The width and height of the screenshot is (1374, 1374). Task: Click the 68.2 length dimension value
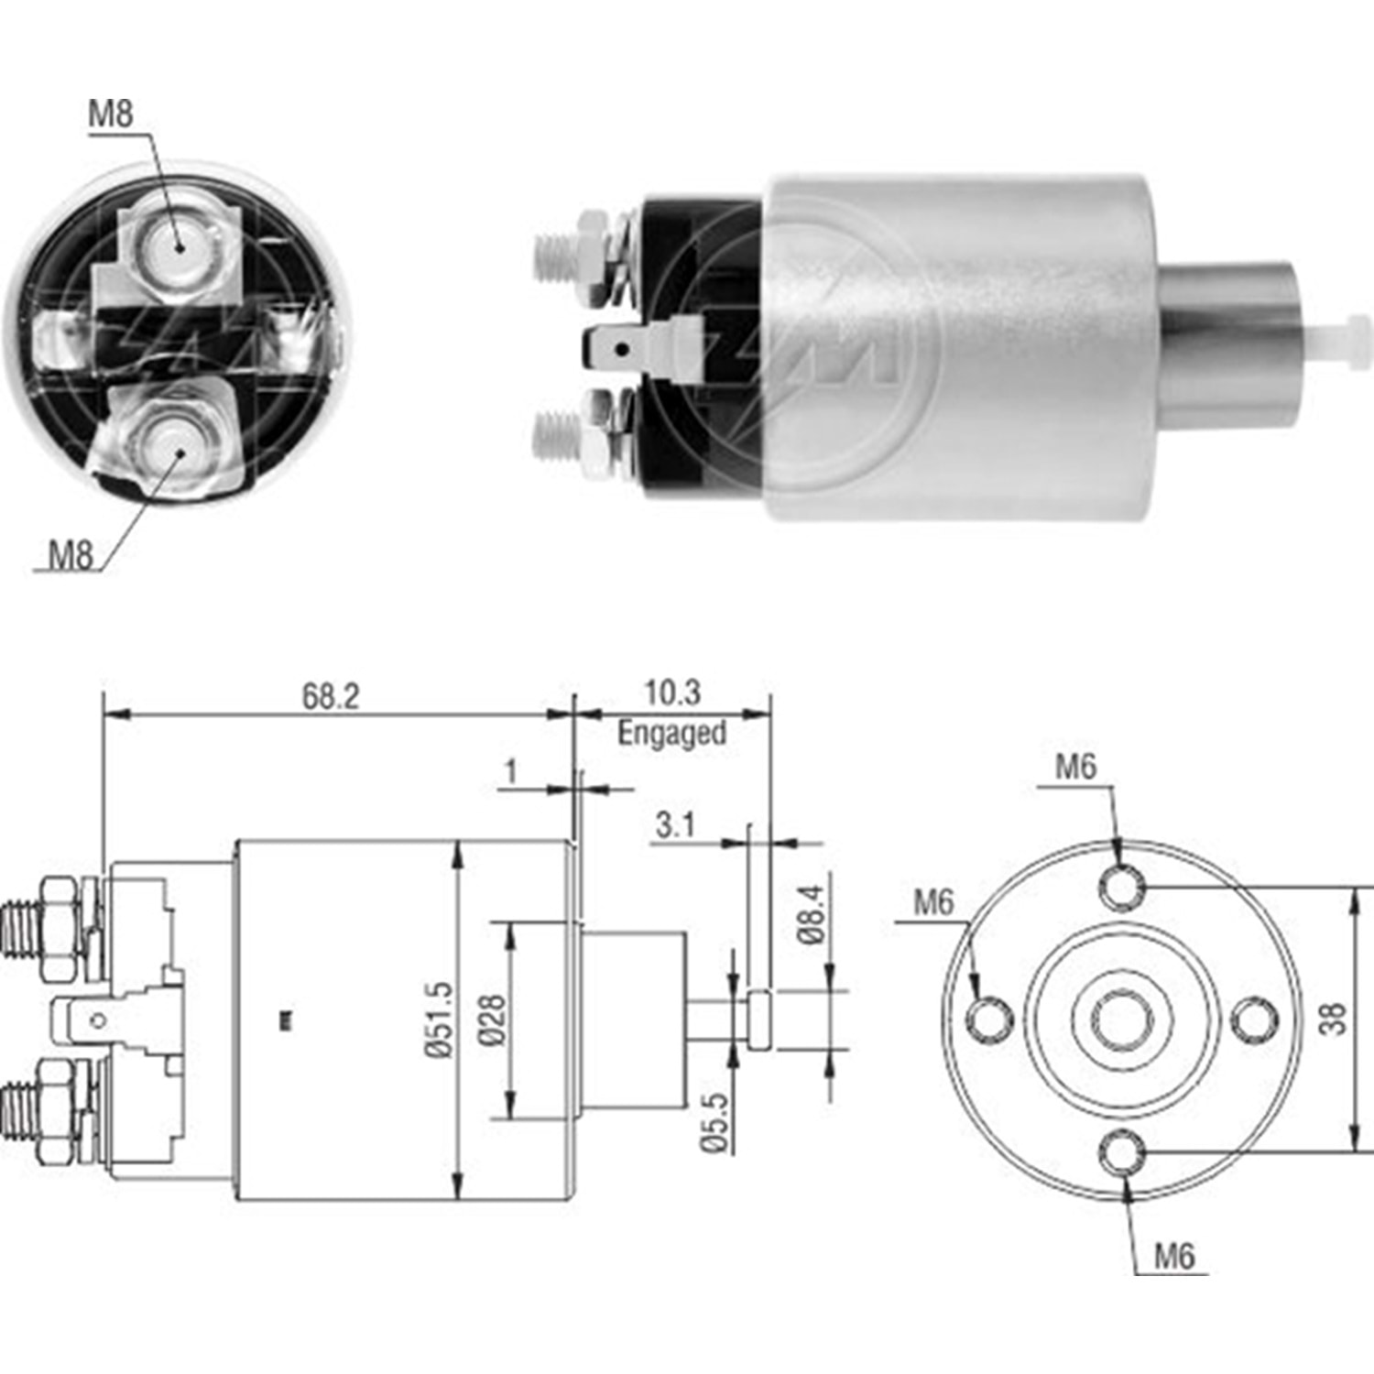coord(331,696)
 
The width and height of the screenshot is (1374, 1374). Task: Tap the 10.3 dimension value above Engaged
coord(672,692)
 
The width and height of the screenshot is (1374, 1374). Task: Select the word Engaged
coord(671,733)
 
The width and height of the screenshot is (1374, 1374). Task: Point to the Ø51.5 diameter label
coord(439,1020)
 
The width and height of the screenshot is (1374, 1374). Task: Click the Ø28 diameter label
coord(491,1020)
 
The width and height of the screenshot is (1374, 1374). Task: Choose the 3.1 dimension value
coord(675,825)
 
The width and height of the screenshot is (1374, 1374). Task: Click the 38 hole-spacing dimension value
coord(1333,1018)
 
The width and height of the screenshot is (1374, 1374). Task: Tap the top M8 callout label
coord(111,114)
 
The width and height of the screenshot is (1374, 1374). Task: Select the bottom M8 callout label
coord(71,554)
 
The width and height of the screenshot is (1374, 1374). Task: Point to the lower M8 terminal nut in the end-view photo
coord(178,451)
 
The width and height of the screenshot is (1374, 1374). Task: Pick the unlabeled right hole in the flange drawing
coord(1252,1020)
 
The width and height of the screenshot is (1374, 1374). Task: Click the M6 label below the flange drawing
coord(1174,1255)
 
